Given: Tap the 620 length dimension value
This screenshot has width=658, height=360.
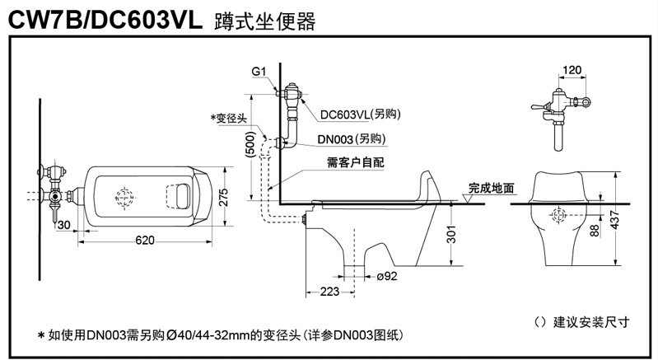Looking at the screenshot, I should tap(145, 240).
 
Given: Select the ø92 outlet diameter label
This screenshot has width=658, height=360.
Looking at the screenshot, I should tap(387, 276).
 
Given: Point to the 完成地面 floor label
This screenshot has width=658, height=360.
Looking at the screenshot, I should tap(492, 188).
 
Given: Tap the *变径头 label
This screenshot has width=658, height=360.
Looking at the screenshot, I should tap(230, 119).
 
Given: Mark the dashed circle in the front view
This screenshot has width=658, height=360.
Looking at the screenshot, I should tap(558, 216).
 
